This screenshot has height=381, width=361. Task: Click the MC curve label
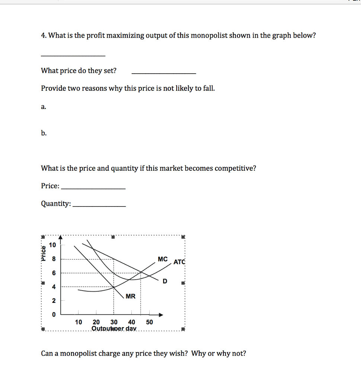163,259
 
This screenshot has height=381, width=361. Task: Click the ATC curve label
179,262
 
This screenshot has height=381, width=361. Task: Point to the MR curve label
131,297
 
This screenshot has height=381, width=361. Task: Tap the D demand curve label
164,282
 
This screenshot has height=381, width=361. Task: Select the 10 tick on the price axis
52,245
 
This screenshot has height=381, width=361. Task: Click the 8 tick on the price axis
53,259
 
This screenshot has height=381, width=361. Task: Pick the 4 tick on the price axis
53,287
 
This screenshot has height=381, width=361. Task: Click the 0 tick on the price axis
53,315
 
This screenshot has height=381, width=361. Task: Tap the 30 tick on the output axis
114,322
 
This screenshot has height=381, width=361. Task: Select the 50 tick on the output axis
149,322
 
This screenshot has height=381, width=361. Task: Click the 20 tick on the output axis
96,322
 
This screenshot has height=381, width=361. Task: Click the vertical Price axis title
44,254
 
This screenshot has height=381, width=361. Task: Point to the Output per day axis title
114,329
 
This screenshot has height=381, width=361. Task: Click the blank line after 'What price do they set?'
164,73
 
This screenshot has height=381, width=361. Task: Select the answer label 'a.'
44,107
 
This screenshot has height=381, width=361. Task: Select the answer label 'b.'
44,133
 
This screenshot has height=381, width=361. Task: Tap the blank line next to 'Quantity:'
99,206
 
